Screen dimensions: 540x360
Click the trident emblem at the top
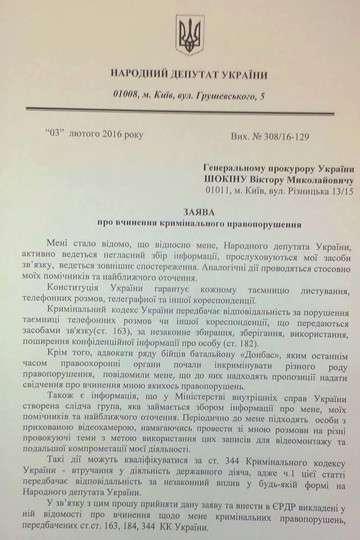pyautogui.click(x=190, y=34)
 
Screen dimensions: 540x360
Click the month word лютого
pyautogui.click(x=84, y=134)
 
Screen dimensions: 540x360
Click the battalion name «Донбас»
pyautogui.click(x=234, y=357)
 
